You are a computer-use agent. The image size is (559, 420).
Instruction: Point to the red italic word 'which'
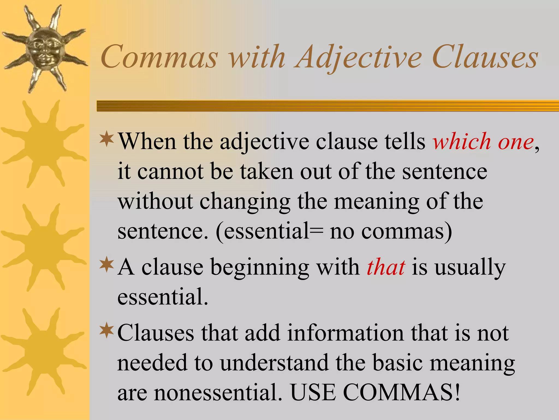pyautogui.click(x=462, y=142)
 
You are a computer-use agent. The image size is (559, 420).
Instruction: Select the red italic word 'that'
pyautogui.click(x=386, y=267)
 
